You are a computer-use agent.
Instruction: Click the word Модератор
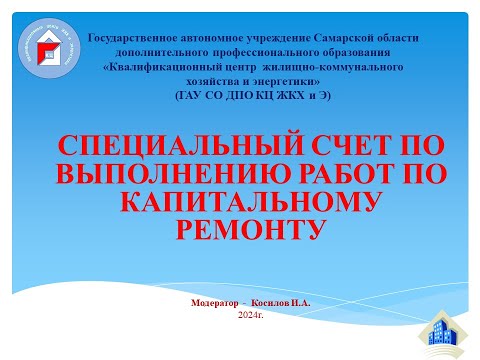tap(217, 302)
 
